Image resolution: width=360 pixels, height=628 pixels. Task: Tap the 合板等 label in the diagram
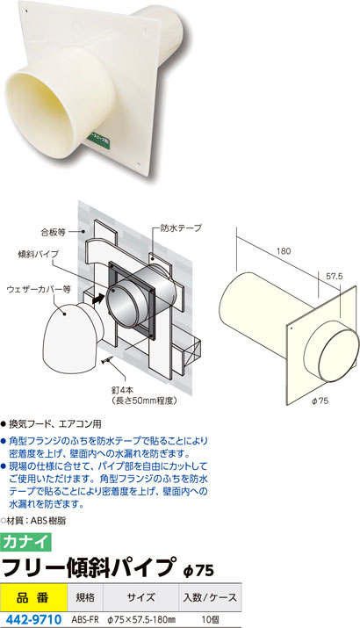pyautogui.click(x=53, y=232)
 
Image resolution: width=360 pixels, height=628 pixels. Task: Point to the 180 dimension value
pyautogui.click(x=284, y=251)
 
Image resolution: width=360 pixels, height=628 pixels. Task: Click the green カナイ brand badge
pyautogui.click(x=26, y=542)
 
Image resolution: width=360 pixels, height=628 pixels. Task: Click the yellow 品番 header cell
pyautogui.click(x=33, y=597)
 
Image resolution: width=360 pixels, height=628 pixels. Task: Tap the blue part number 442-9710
pyautogui.click(x=31, y=619)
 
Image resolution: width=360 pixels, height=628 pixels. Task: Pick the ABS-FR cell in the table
pyautogui.click(x=85, y=620)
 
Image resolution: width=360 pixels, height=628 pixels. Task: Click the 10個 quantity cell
pyautogui.click(x=210, y=620)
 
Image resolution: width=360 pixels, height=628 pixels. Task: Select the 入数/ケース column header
pyautogui.click(x=210, y=597)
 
